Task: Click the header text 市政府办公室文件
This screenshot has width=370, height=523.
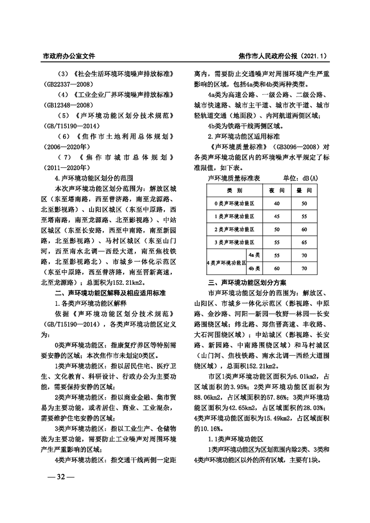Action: tap(69, 56)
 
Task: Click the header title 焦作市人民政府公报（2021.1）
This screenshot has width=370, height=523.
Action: tap(282, 56)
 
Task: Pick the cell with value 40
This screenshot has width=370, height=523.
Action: tap(277, 204)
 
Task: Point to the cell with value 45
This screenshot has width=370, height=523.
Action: tap(277, 217)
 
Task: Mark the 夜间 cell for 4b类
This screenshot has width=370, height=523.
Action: tap(277, 268)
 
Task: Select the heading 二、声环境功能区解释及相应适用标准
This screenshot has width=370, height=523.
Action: tap(107, 293)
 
